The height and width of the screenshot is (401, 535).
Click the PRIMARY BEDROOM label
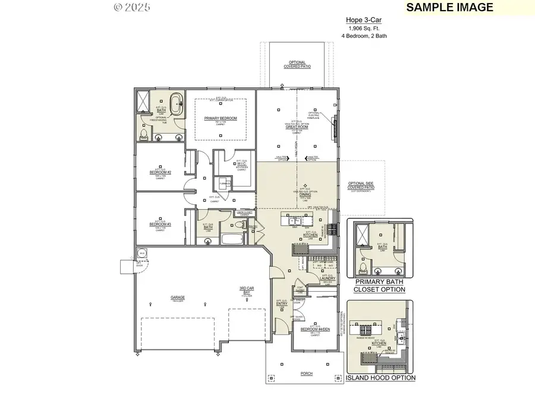(221, 118)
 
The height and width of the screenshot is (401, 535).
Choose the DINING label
(304, 194)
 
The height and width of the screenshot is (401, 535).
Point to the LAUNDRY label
(329, 278)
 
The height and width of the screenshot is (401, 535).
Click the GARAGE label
(178, 297)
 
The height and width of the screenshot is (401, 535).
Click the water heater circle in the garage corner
(141, 254)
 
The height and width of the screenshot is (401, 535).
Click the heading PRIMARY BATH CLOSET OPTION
(379, 286)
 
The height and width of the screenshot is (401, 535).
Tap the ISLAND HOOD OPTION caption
(380, 378)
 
